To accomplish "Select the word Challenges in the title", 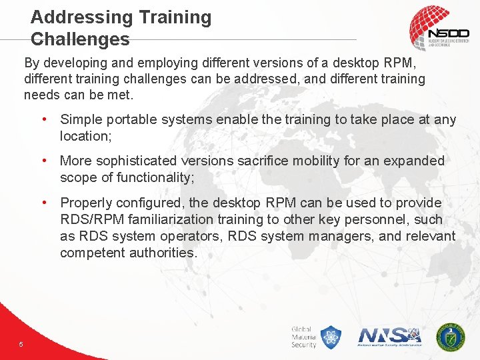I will coord(80,39).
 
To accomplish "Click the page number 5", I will coord(21,344).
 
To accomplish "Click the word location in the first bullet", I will coord(84,136).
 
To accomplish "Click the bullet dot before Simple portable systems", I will coord(44,120).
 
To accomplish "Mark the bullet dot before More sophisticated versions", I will coord(44,161).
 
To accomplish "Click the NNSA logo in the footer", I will coord(390,336).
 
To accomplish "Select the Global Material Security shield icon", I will coord(331,337).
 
